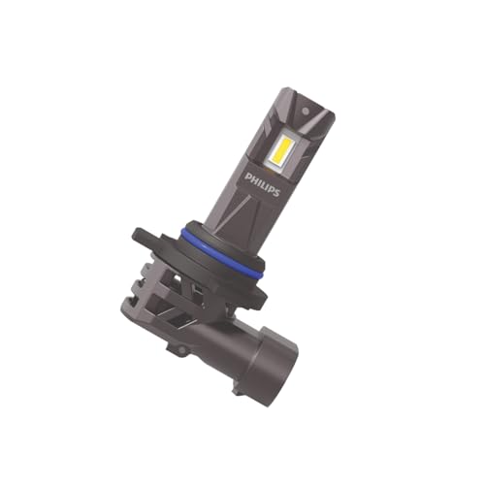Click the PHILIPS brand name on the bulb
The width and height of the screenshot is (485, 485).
tap(263, 184)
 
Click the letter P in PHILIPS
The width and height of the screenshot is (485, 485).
tap(249, 175)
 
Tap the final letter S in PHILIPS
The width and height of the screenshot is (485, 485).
tap(276, 194)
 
